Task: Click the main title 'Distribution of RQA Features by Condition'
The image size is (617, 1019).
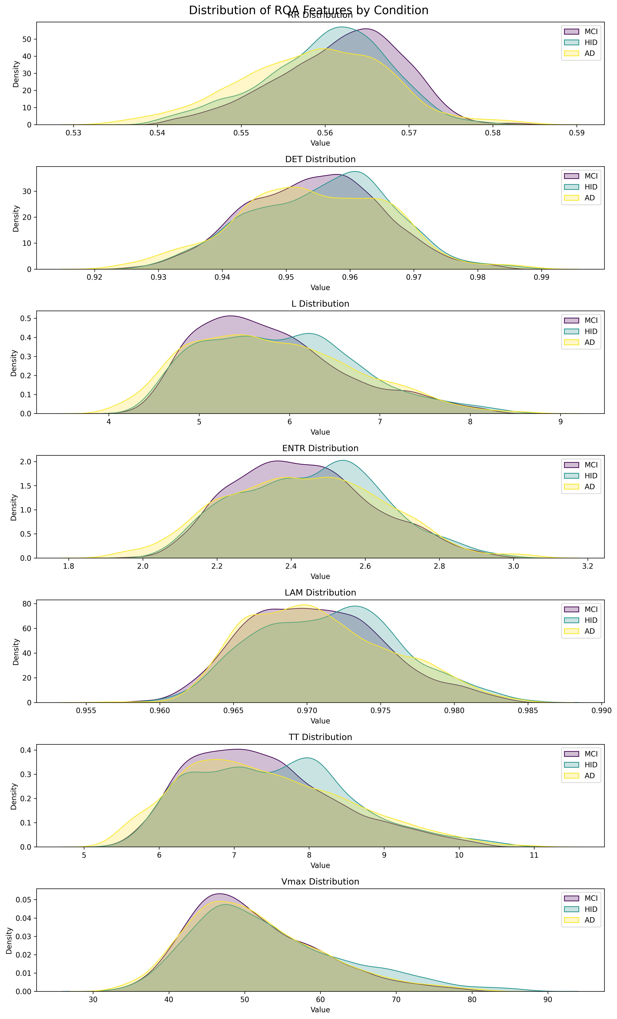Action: [308, 10]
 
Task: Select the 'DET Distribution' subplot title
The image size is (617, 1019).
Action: [320, 159]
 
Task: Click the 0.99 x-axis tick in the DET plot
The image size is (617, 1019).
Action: [542, 277]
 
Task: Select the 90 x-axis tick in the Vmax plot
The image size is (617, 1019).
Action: [547, 1000]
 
